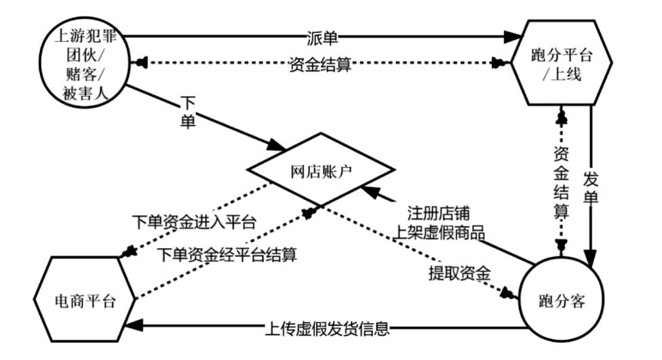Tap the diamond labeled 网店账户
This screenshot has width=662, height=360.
(x=321, y=172)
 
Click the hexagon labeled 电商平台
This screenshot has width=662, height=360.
(x=85, y=301)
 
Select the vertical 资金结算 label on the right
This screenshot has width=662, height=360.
(x=561, y=182)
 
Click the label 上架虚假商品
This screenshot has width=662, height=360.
(x=441, y=234)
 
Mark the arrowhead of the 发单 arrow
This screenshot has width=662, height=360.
(x=591, y=260)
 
